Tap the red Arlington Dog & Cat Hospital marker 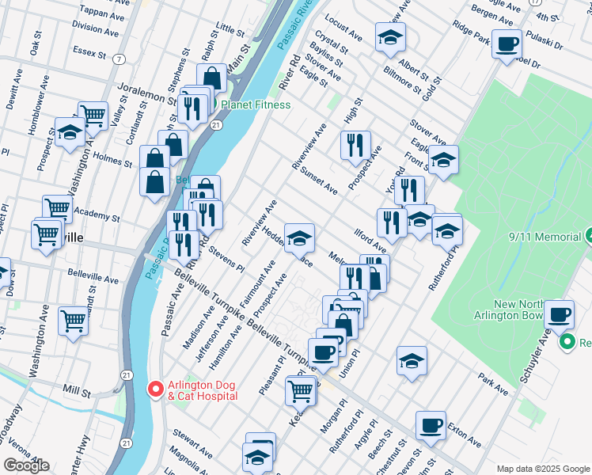156,389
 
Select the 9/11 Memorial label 541,235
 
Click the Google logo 26,465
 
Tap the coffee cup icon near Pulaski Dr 507,44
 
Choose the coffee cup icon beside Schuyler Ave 560,313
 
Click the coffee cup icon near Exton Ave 431,424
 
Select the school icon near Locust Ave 389,37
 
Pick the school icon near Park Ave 412,361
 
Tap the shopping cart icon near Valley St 93,116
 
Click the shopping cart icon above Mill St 73,321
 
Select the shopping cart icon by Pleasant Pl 300,389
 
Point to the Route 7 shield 119,59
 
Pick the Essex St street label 89,53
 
